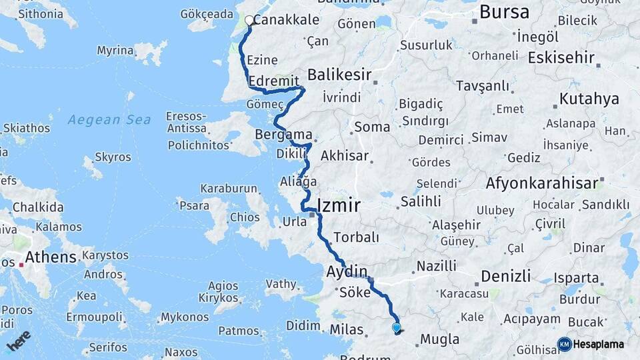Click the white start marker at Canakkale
(249, 21)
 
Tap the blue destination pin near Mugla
(397, 327)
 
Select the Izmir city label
(339, 205)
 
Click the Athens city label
(51, 257)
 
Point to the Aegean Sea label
(109, 120)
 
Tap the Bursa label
(504, 11)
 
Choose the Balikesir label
(339, 75)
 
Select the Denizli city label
(506, 275)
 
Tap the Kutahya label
(589, 99)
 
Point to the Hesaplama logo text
(599, 344)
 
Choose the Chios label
(245, 217)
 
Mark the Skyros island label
(113, 157)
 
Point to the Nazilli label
(437, 266)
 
